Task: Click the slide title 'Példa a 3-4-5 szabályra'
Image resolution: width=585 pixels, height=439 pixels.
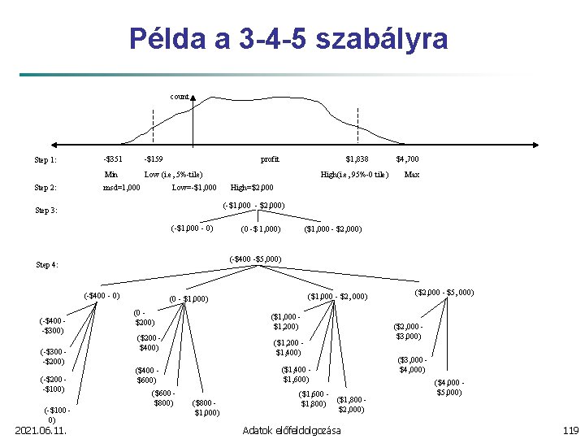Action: coord(288,38)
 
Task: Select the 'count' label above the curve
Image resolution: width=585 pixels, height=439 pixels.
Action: coord(179,96)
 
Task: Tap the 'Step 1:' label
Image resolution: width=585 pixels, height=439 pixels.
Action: coord(45,159)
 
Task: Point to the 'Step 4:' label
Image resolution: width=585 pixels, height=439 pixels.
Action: coord(47,264)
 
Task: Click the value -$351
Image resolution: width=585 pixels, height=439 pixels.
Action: coord(113,159)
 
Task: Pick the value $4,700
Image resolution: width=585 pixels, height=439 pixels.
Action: coord(407,159)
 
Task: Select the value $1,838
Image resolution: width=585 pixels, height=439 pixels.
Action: coord(357,159)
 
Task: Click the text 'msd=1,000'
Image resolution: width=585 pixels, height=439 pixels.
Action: coord(121,188)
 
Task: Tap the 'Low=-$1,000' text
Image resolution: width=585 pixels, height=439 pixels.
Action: coord(194,188)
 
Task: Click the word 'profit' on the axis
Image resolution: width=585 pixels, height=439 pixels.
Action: coord(269,159)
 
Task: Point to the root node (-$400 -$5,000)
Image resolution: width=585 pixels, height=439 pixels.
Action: coord(256,259)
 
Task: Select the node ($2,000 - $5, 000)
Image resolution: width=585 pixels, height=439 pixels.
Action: coord(444,292)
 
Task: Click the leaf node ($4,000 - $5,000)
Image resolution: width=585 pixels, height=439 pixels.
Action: coord(449,387)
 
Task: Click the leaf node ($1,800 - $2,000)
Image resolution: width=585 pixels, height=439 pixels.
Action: coord(351,404)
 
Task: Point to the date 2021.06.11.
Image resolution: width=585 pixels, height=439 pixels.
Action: coord(40,430)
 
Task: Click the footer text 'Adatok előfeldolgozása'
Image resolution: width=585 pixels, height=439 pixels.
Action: coord(292,430)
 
